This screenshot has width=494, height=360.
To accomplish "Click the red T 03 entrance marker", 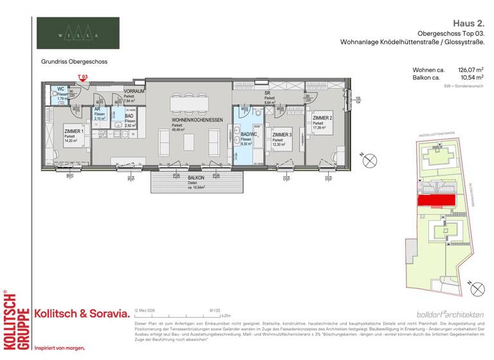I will point(82,78).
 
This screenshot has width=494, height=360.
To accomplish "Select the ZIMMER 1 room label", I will point(73,131).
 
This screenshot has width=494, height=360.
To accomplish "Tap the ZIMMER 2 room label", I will point(322,119).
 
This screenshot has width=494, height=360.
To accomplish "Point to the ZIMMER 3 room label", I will point(281,134).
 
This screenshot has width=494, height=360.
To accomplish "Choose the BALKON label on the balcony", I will point(178,177).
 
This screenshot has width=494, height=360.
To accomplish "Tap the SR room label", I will point(267,93).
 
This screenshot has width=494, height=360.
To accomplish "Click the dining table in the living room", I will point(188,102).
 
